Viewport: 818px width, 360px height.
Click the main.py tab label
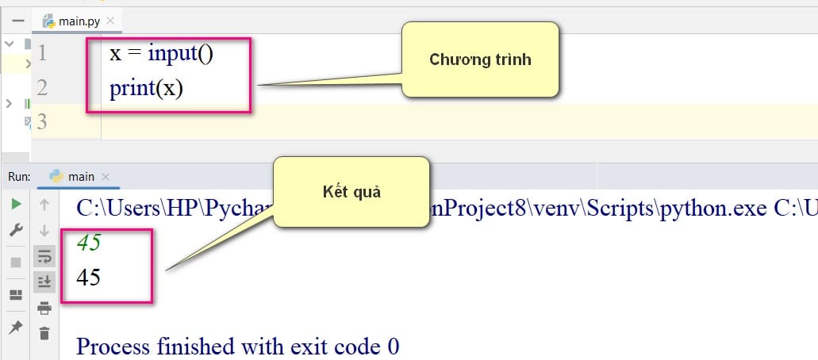pyautogui.click(x=79, y=21)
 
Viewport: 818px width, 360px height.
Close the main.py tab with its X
pyautogui.click(x=110, y=21)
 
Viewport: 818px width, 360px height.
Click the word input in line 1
pyautogui.click(x=171, y=53)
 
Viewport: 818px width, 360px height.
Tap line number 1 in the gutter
pyautogui.click(x=42, y=52)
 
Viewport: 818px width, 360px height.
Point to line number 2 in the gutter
pyautogui.click(x=42, y=87)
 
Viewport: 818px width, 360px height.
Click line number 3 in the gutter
pyautogui.click(x=42, y=121)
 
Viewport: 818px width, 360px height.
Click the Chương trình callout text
pyautogui.click(x=480, y=59)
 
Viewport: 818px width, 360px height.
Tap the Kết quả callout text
pyautogui.click(x=351, y=192)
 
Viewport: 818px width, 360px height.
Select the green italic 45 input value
pyautogui.click(x=88, y=243)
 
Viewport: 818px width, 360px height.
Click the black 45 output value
pyautogui.click(x=88, y=277)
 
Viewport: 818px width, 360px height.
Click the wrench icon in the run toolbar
pyautogui.click(x=16, y=230)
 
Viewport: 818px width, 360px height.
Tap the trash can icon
pyautogui.click(x=44, y=333)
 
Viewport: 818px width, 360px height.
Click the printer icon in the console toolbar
pyautogui.click(x=44, y=308)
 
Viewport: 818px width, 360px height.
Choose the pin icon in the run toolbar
pyautogui.click(x=16, y=327)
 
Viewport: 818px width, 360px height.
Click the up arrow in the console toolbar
pyautogui.click(x=44, y=205)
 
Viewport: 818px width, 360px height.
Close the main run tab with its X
pyautogui.click(x=106, y=177)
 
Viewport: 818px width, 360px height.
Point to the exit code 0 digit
pyautogui.click(x=394, y=346)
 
